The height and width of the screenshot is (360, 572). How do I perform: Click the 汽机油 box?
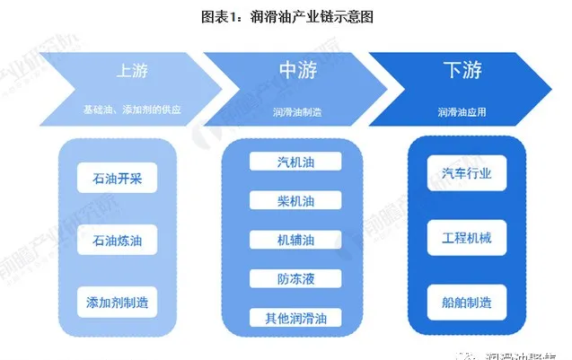click(x=295, y=162)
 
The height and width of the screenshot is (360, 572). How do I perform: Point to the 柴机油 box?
click(x=295, y=201)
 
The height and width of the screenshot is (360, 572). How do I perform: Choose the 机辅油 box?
click(x=295, y=240)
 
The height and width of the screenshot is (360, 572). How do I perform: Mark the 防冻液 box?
click(x=295, y=278)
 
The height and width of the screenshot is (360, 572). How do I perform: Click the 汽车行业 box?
click(x=460, y=172)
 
